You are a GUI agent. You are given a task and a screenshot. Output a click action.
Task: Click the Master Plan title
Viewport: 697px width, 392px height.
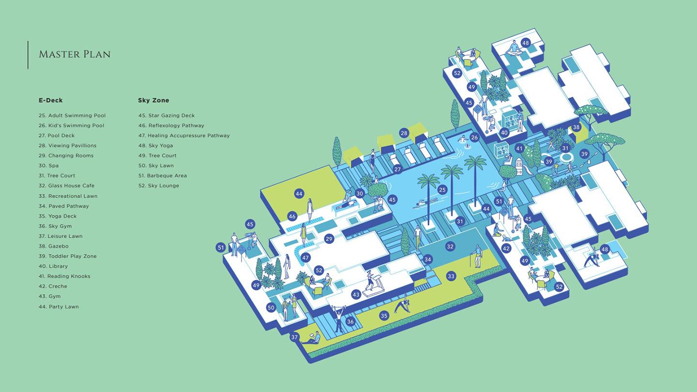click(x=75, y=54)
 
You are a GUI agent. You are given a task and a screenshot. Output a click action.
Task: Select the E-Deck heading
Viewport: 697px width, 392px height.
click(x=51, y=100)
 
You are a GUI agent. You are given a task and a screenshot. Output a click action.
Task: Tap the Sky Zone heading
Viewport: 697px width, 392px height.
click(x=154, y=100)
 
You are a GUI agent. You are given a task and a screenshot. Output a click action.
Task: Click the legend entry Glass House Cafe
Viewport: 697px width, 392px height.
click(x=67, y=186)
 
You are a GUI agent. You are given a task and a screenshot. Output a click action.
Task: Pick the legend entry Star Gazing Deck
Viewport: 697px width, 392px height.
click(x=167, y=115)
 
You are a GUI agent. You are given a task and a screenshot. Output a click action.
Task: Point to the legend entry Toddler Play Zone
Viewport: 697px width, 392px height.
click(x=68, y=256)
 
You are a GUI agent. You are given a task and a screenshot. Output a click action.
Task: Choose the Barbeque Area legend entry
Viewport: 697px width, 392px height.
click(x=163, y=176)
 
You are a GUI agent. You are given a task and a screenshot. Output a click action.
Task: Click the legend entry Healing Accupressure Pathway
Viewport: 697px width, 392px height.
click(x=184, y=136)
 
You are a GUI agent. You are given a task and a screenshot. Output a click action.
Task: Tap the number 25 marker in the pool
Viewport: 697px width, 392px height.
click(x=442, y=190)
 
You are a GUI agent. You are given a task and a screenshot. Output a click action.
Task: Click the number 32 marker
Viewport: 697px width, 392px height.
click(x=450, y=246)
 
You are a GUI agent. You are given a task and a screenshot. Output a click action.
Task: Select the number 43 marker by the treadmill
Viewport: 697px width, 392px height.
click(x=356, y=294)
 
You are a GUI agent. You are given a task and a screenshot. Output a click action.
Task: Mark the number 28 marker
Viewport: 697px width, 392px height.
click(x=404, y=133)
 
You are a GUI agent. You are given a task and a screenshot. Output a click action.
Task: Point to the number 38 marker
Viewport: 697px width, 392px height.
click(x=576, y=127)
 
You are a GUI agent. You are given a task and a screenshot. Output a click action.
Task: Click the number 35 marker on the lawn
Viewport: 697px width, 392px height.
click(x=384, y=316)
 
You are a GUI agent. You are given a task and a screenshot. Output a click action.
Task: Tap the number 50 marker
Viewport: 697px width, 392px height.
click(x=271, y=308)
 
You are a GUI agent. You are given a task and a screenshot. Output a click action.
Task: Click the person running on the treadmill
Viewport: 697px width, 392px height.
click(x=370, y=280)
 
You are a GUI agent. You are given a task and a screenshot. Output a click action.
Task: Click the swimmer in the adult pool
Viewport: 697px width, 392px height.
click(x=424, y=203)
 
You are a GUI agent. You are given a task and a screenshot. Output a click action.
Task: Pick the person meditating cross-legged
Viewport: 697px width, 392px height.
click(x=514, y=48)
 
